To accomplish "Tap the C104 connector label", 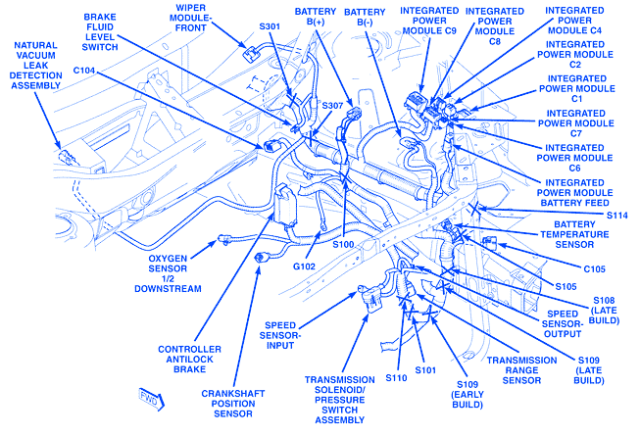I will pyautogui.click(x=85, y=72).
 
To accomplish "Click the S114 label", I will pyautogui.click(x=615, y=216).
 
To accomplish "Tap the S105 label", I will pyautogui.click(x=566, y=286).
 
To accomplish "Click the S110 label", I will pyautogui.click(x=396, y=377).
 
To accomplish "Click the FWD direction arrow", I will pyautogui.click(x=149, y=398).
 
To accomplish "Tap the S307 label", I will pyautogui.click(x=333, y=106).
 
